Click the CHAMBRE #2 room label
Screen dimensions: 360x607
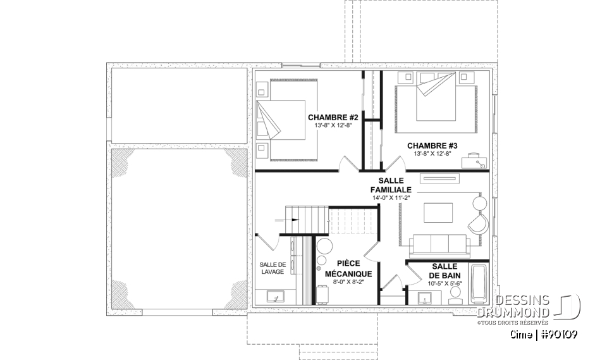pyautogui.click(x=333, y=117)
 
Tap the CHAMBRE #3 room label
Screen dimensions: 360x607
pyautogui.click(x=432, y=145)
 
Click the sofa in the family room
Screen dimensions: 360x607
pyautogui.click(x=439, y=243)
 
